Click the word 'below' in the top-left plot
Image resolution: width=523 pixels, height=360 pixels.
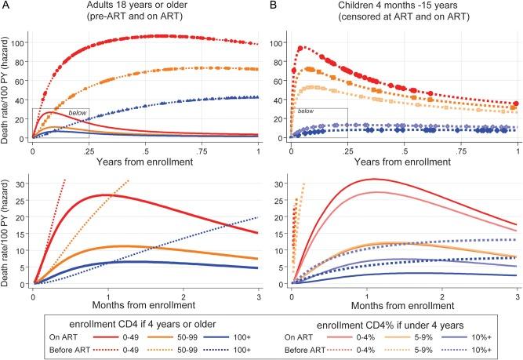tap(77, 114)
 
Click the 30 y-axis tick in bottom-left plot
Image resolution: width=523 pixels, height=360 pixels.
tap(22, 185)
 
